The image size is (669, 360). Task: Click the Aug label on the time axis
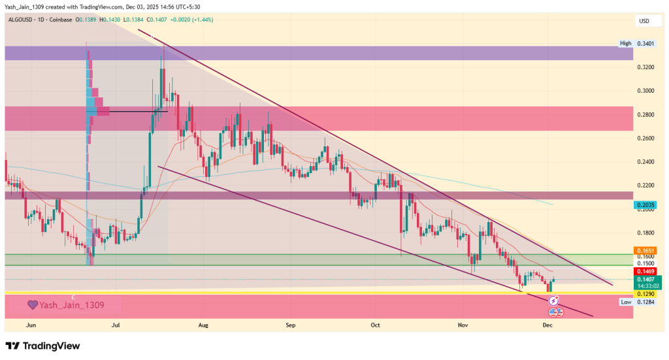click(203, 324)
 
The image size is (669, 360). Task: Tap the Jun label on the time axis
click(30, 324)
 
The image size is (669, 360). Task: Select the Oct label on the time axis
click(375, 324)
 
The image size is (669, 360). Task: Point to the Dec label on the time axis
click(547, 324)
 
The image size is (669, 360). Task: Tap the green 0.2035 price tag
click(645, 205)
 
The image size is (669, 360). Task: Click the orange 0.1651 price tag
click(645, 250)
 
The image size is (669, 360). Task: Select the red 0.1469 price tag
click(645, 271)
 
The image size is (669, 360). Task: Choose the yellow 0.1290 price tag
click(645, 295)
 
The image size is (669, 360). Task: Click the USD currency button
click(644, 21)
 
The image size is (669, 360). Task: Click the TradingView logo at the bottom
click(42, 346)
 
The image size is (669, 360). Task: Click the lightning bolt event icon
click(553, 301)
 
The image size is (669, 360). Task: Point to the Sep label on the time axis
click(290, 324)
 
